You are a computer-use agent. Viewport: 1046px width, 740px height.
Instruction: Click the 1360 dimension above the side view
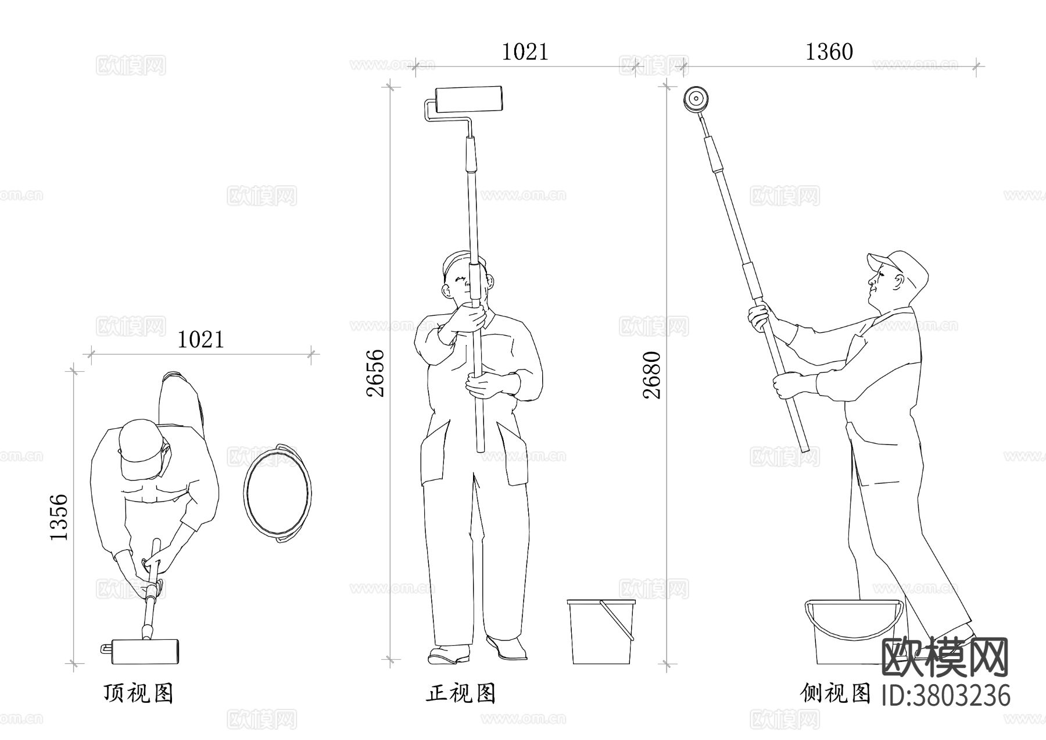click(x=829, y=52)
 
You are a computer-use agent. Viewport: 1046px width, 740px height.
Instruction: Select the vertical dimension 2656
click(x=376, y=373)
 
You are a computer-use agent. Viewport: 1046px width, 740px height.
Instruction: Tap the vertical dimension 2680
click(x=652, y=375)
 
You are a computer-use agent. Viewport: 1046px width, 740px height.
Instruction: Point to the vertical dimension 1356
click(x=59, y=517)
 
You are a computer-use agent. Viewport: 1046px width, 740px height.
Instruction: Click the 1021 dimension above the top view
click(x=200, y=340)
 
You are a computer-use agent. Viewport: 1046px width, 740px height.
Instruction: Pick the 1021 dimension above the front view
click(x=524, y=52)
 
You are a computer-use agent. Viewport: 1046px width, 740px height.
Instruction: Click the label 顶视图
click(x=138, y=693)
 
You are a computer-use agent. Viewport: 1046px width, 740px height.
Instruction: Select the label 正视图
click(x=461, y=693)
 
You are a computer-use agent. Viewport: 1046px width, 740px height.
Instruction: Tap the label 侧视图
click(x=835, y=693)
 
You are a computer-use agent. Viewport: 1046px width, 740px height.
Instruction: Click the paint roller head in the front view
click(x=468, y=99)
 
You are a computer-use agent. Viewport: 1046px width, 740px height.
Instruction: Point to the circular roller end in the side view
click(x=694, y=99)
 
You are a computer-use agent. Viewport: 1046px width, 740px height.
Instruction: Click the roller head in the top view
click(x=145, y=651)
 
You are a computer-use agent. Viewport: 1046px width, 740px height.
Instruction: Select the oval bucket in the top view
click(x=277, y=493)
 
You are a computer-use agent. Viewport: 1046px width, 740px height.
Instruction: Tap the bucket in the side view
click(x=852, y=631)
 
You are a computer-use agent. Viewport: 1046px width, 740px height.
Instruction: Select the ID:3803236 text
click(x=946, y=695)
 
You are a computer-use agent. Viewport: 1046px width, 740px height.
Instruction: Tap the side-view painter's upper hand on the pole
click(x=758, y=318)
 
